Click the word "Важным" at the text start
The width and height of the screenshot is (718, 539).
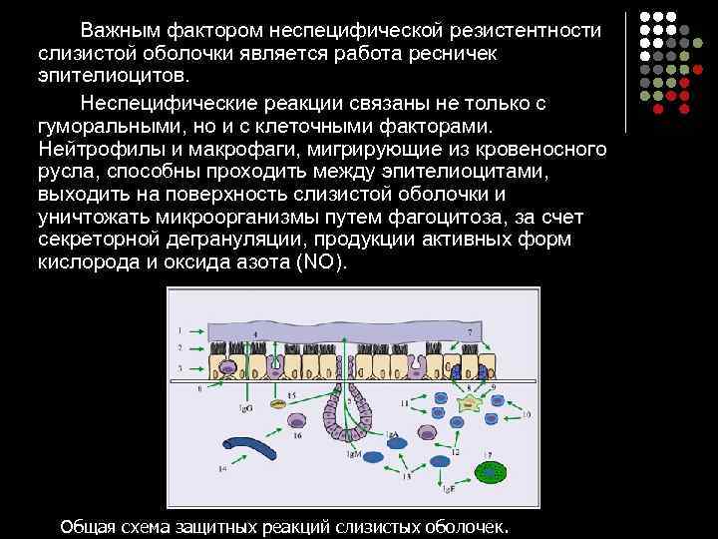click(x=119, y=29)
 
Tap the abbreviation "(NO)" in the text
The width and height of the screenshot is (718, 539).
click(x=323, y=263)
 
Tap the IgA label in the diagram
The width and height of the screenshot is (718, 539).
click(x=393, y=436)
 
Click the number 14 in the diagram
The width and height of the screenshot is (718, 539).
click(x=222, y=467)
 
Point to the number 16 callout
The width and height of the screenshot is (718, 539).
click(x=296, y=435)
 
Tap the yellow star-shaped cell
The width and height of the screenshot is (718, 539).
click(x=469, y=404)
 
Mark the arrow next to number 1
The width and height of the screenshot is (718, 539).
click(x=197, y=328)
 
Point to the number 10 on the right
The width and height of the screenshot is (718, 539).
click(x=526, y=413)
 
